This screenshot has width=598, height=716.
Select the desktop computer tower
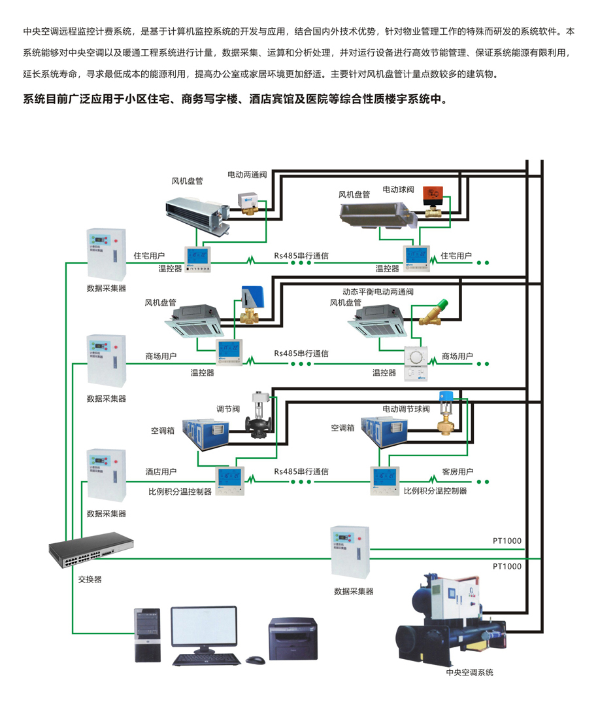point(146,634)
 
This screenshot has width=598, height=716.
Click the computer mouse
point(256,658)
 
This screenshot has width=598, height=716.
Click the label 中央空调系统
point(469,672)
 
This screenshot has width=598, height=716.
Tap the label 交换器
point(90,579)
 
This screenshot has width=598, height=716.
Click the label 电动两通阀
point(247,175)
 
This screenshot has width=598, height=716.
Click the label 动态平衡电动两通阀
point(378,291)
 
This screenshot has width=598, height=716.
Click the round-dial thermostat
point(416,361)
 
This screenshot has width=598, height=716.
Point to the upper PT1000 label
point(507,541)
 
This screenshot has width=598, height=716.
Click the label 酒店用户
point(161,471)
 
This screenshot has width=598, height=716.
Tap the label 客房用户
point(457,471)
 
